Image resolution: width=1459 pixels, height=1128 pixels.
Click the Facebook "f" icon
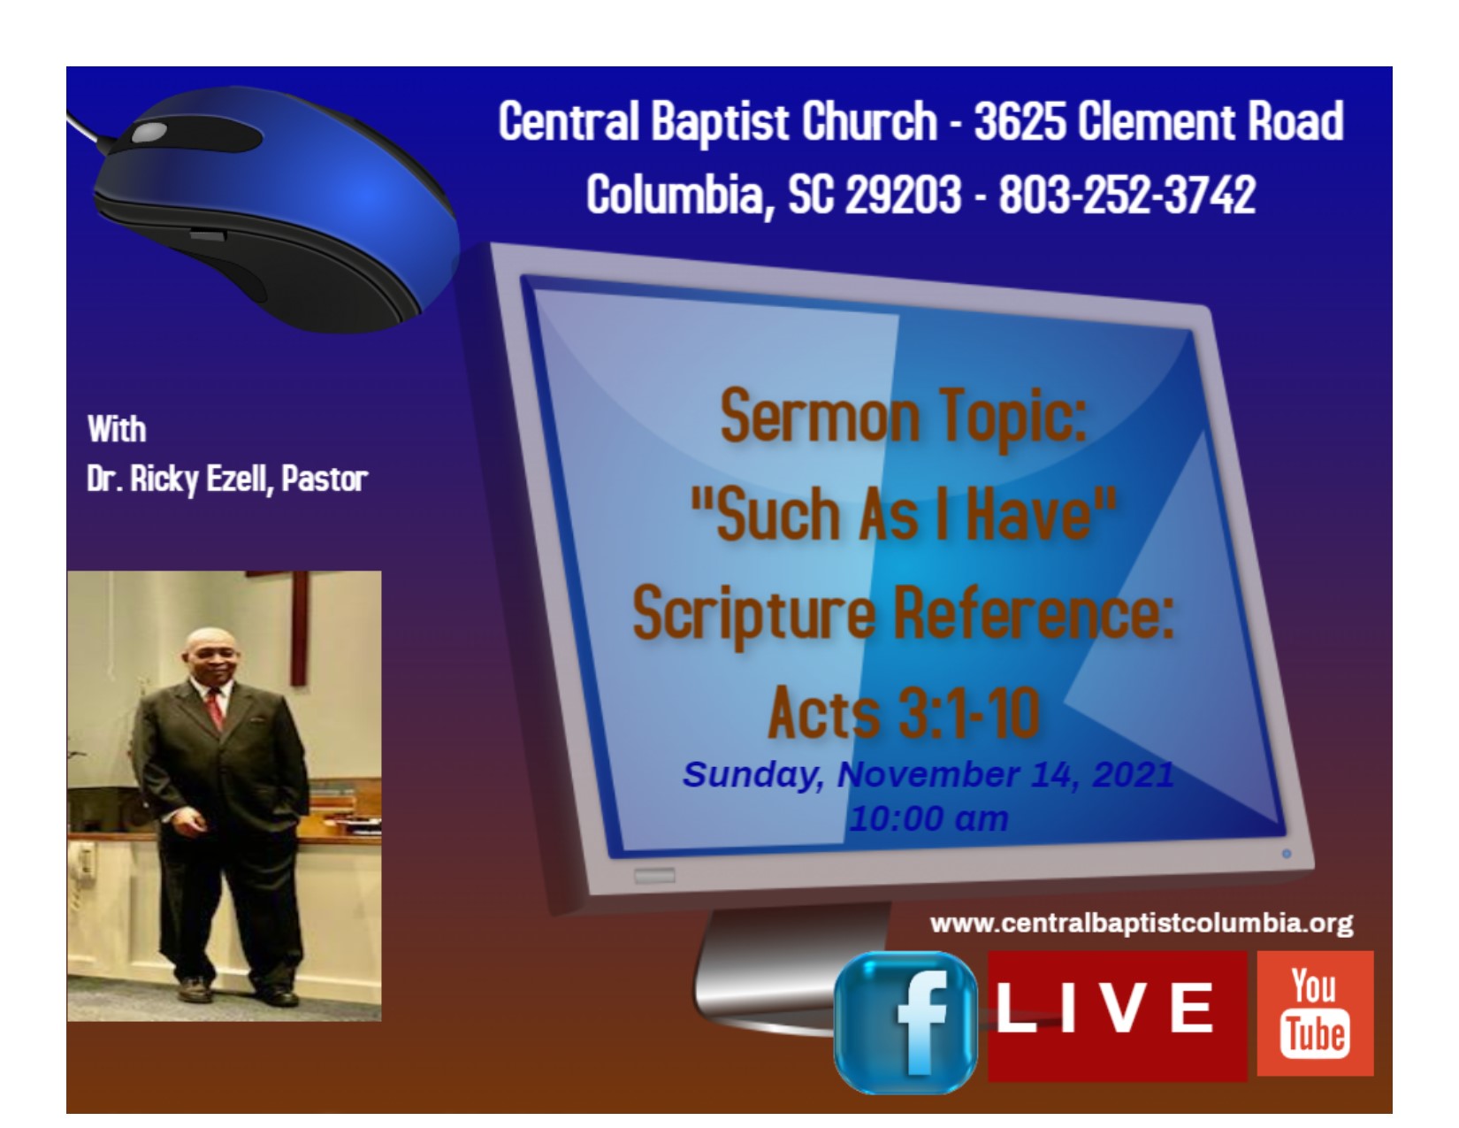(905, 1022)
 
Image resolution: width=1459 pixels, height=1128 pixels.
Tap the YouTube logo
(1315, 1013)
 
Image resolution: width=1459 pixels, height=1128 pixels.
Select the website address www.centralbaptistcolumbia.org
(1142, 923)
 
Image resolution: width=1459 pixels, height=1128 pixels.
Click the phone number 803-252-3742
(1127, 195)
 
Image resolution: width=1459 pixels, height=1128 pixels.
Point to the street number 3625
(1020, 121)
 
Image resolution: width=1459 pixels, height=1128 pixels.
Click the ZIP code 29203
(903, 195)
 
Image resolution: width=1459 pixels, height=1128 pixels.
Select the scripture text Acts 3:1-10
(905, 712)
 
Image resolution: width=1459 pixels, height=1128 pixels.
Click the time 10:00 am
(928, 819)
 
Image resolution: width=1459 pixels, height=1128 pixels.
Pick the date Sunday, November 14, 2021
(928, 775)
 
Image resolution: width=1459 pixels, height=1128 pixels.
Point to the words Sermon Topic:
(904, 417)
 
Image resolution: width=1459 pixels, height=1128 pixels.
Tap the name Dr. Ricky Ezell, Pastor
(227, 480)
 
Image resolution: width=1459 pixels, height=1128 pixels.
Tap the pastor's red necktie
(215, 708)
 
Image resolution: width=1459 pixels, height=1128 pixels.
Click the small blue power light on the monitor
(1287, 854)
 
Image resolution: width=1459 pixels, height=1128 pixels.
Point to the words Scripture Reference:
(903, 614)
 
